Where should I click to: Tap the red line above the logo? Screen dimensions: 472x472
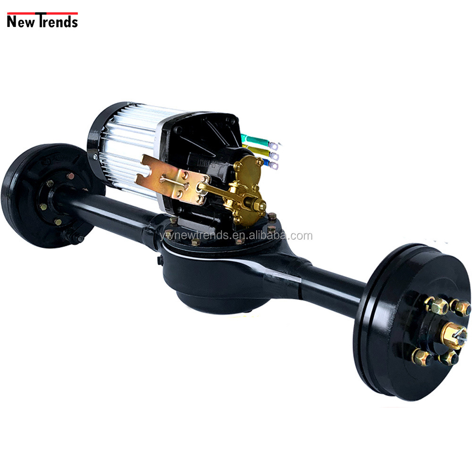(42, 13)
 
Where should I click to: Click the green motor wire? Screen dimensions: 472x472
(255, 140)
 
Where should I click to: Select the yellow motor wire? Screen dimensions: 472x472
(256, 150)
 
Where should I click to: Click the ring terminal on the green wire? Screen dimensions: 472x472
(274, 146)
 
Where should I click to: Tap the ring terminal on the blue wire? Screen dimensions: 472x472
(274, 165)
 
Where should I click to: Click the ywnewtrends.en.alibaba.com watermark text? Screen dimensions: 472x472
(236, 236)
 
